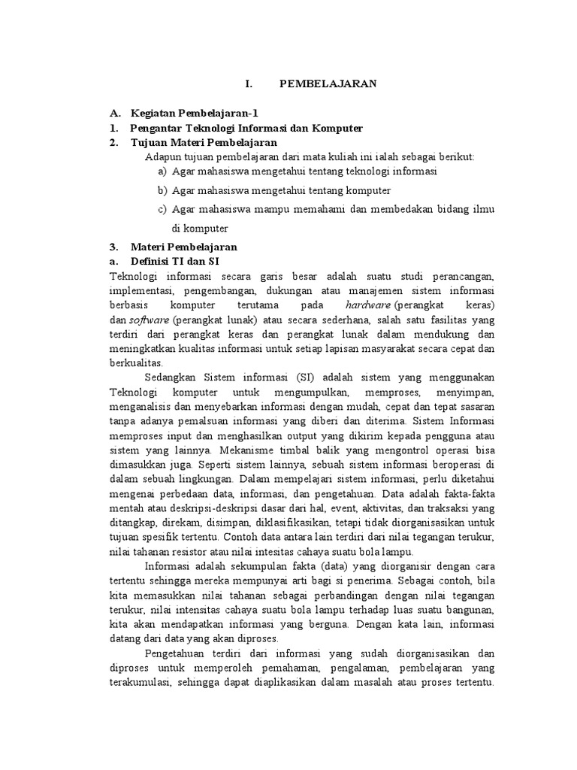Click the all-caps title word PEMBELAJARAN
328,84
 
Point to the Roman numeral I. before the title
249,84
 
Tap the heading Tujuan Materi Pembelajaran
204,142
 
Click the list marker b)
162,191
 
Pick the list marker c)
162,210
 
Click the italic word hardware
369,305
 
